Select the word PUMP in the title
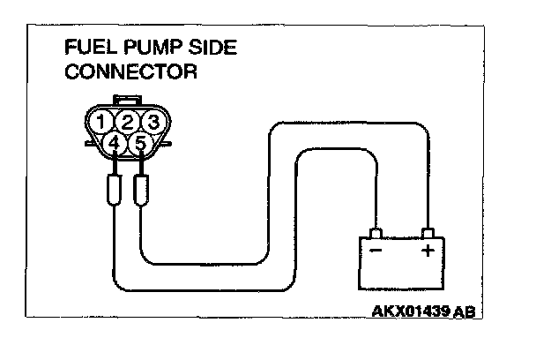click(141, 48)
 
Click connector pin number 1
click(105, 122)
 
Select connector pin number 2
click(129, 122)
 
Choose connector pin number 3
click(152, 122)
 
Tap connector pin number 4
click(115, 141)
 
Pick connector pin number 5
click(139, 141)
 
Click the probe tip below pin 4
click(115, 191)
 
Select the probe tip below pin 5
click(141, 191)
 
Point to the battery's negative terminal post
click(376, 234)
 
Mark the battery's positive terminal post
click(428, 234)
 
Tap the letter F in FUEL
click(71, 48)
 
